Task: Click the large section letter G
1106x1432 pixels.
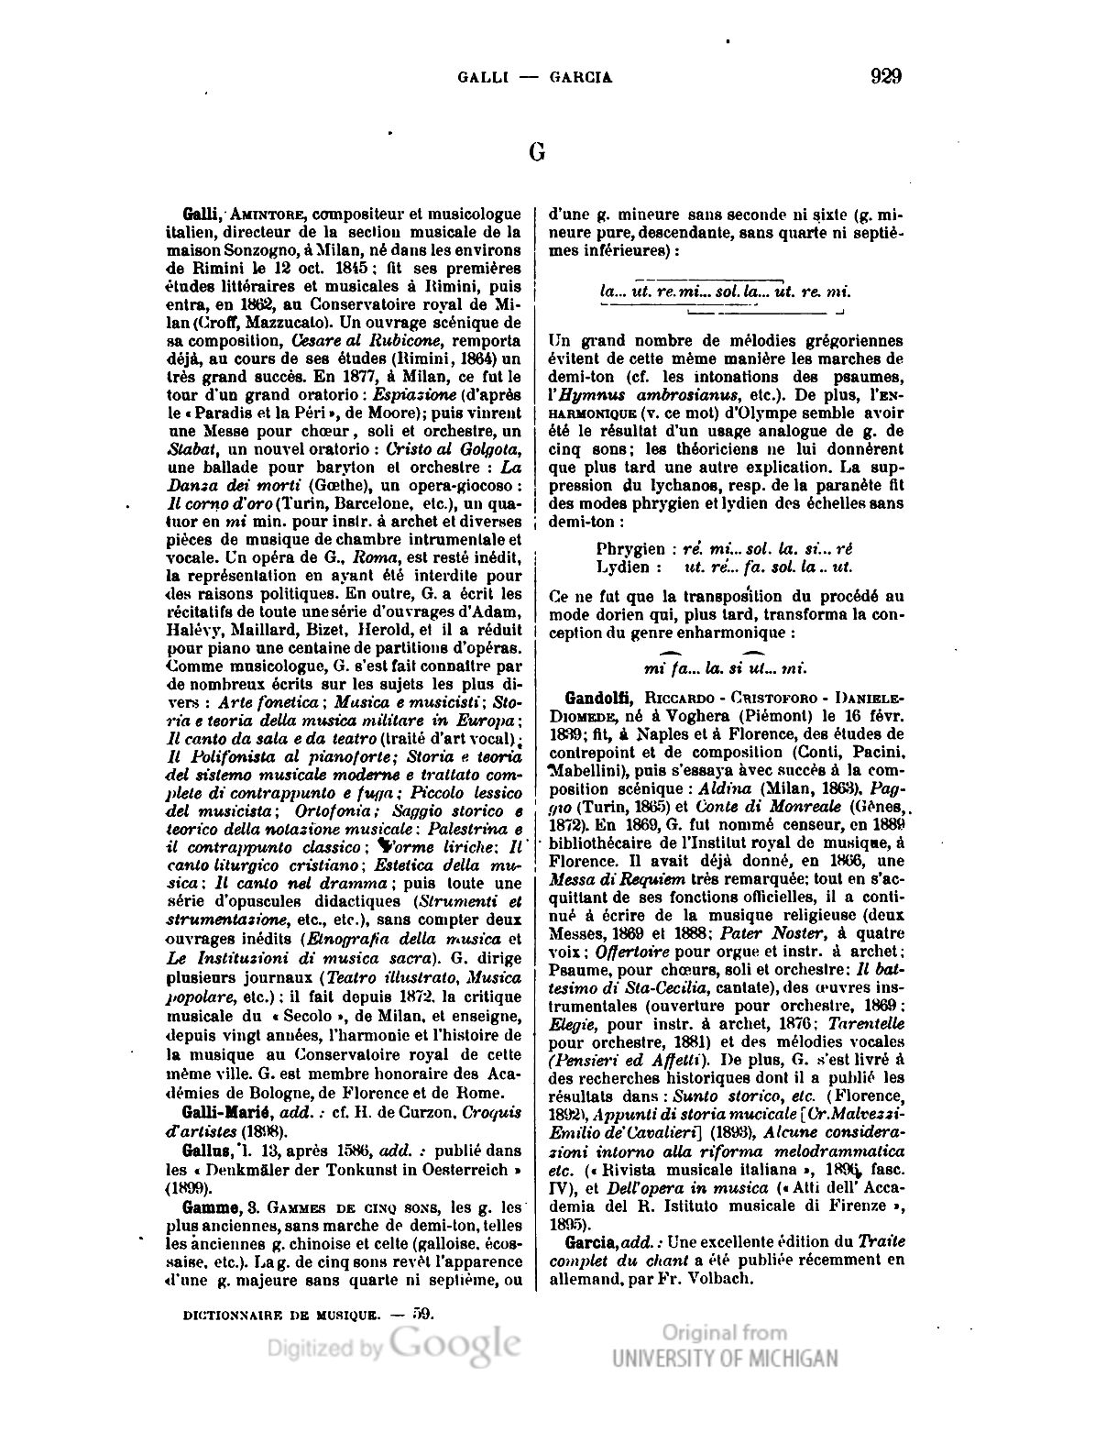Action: (x=537, y=152)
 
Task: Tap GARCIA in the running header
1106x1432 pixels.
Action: (x=581, y=78)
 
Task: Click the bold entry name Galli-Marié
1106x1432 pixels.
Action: (x=229, y=1112)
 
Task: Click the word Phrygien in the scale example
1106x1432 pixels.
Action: (x=630, y=549)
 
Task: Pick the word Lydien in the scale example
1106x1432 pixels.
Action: (x=623, y=567)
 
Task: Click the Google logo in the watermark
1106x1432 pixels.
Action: (x=454, y=1345)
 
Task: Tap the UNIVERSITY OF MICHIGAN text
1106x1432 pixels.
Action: (x=725, y=1358)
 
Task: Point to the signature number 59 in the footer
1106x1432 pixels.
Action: (x=422, y=1313)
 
